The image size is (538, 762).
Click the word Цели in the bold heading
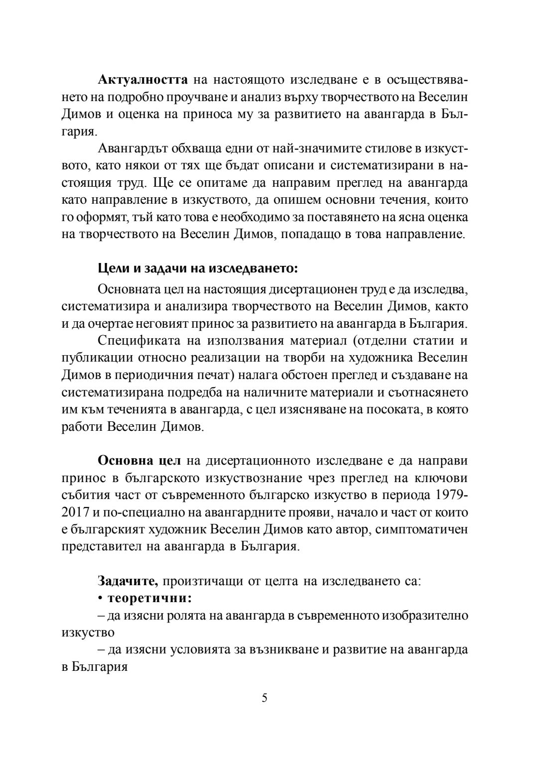110,269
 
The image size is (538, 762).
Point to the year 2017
75,512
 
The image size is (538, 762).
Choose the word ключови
441,478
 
